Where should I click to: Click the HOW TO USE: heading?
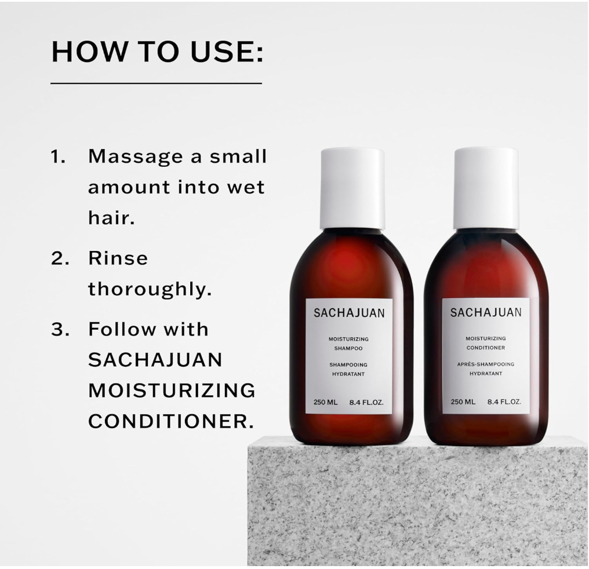coord(157,52)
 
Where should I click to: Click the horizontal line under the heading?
coord(157,83)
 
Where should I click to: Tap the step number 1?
coord(58,156)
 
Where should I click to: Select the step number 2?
coord(60,258)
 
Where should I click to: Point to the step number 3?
coord(60,330)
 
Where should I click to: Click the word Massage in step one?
coord(136,157)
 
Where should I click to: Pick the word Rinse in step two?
coord(118,258)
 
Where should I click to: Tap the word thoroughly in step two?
coord(150,289)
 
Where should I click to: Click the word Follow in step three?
coord(122,329)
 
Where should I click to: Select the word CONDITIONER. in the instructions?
coord(171,421)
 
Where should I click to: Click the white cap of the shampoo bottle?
coord(352,188)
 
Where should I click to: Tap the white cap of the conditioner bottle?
coord(486,188)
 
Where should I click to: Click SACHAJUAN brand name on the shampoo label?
coord(349,313)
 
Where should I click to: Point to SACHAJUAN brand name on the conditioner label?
coord(486,312)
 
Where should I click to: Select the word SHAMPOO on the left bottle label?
coord(348,348)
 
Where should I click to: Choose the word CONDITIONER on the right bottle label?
coord(486,348)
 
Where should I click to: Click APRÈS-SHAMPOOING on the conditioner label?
coord(486,364)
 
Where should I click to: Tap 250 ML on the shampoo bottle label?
coord(325,402)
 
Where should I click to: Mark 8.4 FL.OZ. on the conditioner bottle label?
coord(504,402)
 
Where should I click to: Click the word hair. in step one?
coord(111,217)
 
